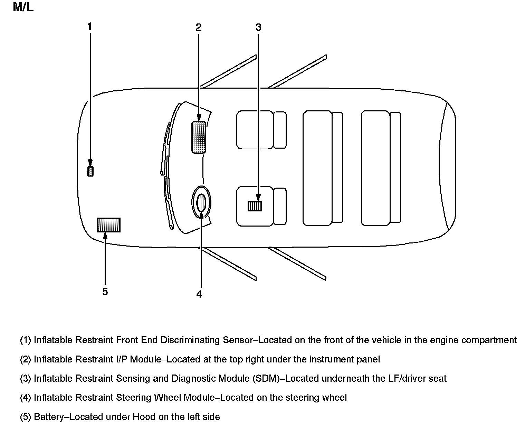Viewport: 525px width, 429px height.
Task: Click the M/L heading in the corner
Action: click(x=23, y=7)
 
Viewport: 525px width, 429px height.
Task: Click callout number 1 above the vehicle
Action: click(x=90, y=27)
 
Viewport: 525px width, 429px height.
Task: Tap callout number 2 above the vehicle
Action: click(x=199, y=27)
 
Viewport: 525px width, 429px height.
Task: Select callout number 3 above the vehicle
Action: click(x=258, y=27)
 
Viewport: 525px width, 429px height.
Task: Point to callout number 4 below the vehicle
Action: click(x=199, y=294)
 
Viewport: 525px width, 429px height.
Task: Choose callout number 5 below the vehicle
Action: click(x=105, y=292)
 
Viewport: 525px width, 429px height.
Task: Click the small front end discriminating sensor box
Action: click(x=90, y=171)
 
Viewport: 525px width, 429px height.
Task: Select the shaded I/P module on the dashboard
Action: click(x=199, y=137)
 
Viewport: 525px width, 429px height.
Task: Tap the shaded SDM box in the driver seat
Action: click(x=255, y=206)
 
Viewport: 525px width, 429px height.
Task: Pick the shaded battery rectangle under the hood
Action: click(x=108, y=225)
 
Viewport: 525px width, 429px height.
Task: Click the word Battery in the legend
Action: click(x=49, y=417)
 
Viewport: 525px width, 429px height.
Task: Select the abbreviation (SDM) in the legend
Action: click(x=266, y=378)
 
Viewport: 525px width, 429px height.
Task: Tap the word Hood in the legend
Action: click(x=142, y=417)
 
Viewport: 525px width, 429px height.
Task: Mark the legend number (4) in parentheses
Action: click(x=26, y=398)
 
